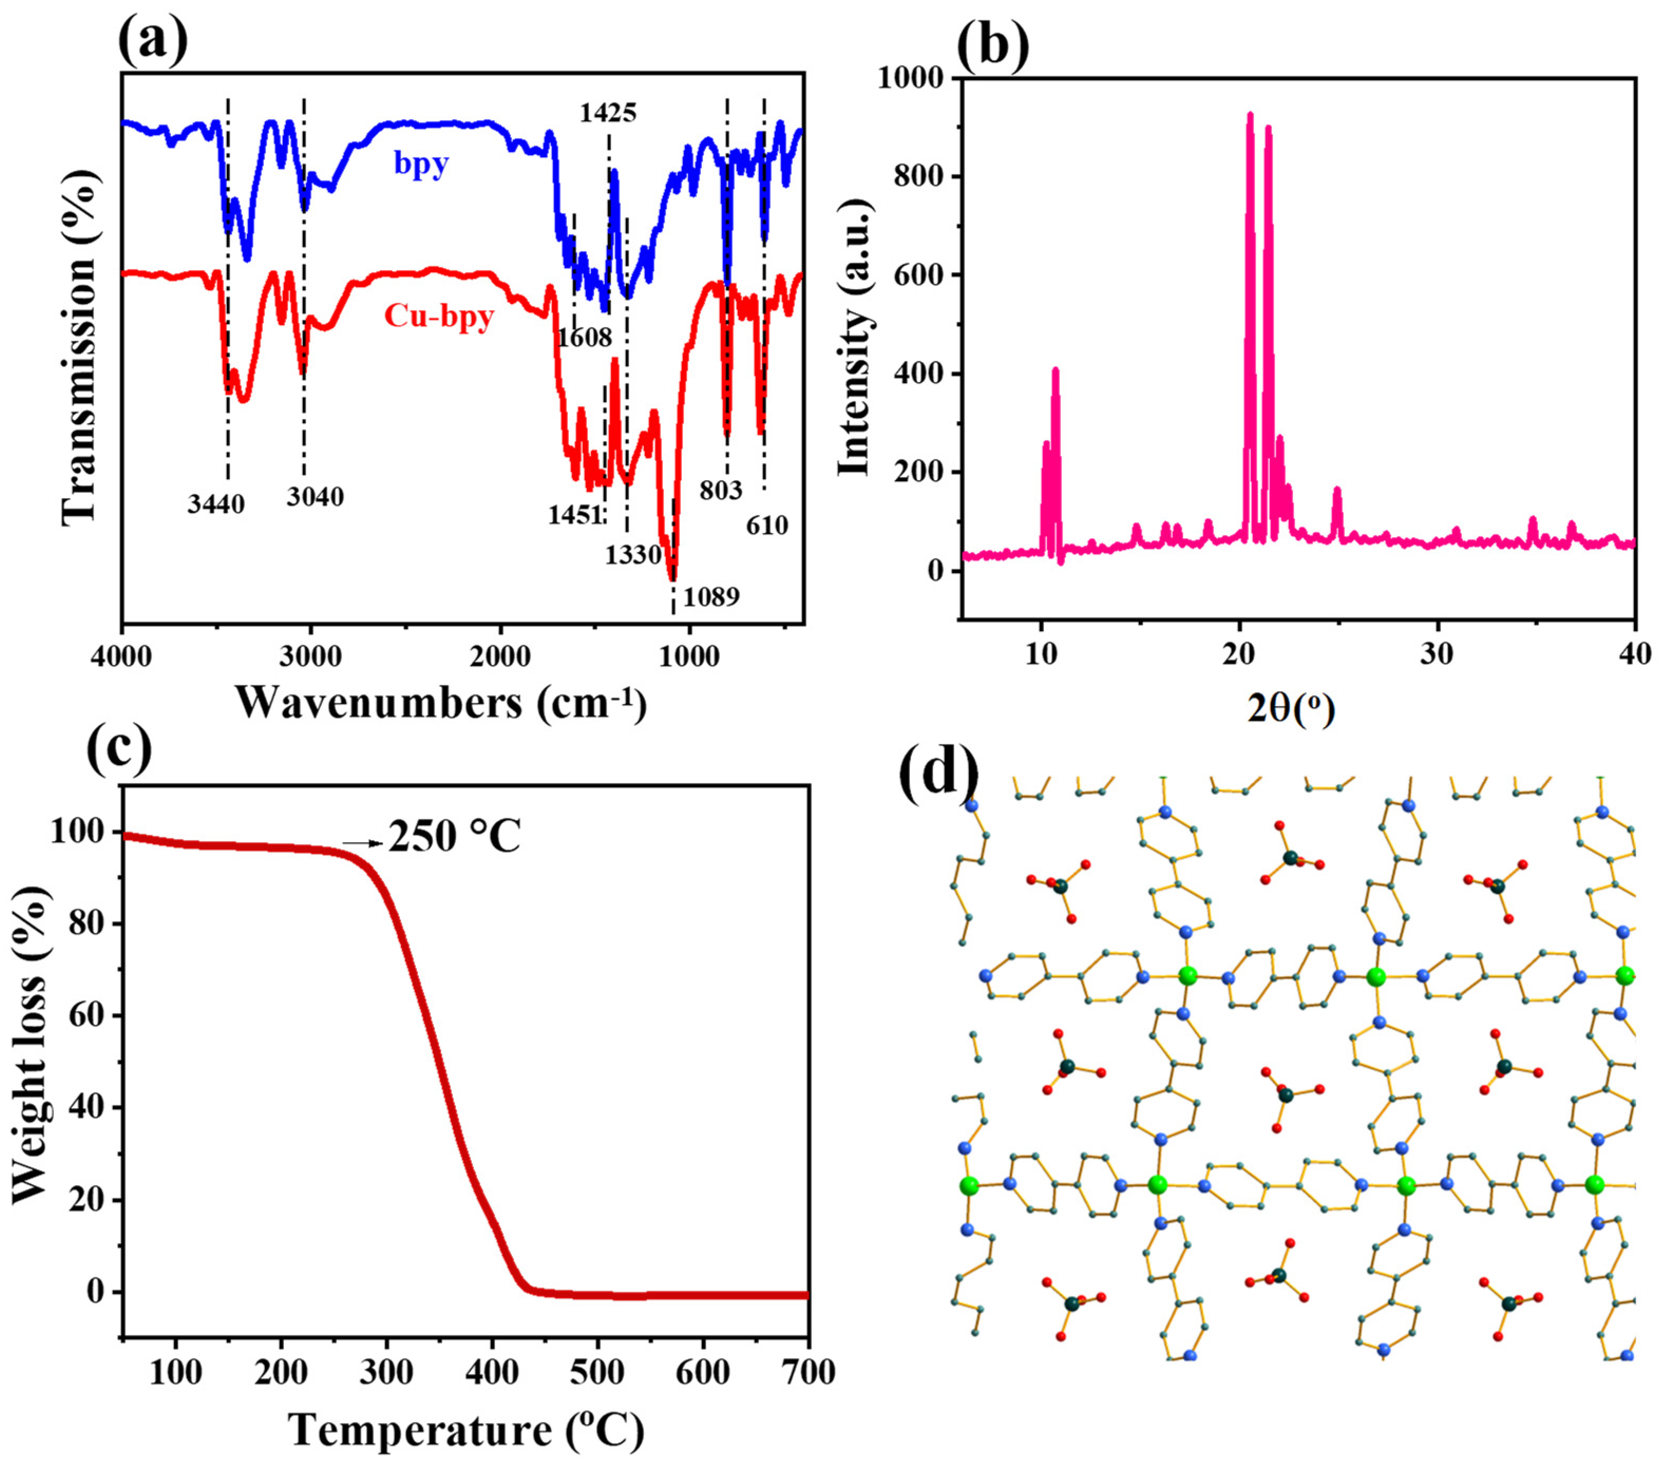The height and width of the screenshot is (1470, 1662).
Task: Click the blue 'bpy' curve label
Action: (x=421, y=164)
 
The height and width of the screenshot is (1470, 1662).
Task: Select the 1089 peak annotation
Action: (x=711, y=597)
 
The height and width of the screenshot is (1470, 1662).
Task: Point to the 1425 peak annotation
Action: (x=608, y=112)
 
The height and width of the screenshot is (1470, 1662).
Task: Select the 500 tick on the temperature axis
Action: (x=597, y=1372)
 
